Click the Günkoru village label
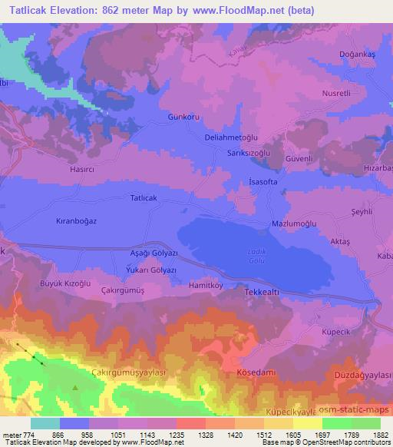coord(183,117)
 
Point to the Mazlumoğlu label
coord(295,223)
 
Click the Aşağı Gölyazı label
coord(154,253)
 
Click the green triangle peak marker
coord(75,388)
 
